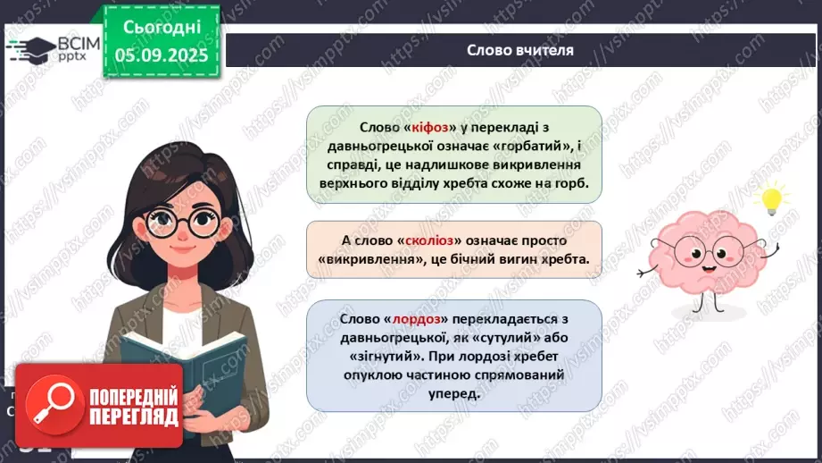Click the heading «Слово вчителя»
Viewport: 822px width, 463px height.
click(x=520, y=50)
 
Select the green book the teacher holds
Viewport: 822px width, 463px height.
click(x=183, y=367)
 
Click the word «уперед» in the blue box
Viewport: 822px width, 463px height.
click(x=453, y=394)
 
